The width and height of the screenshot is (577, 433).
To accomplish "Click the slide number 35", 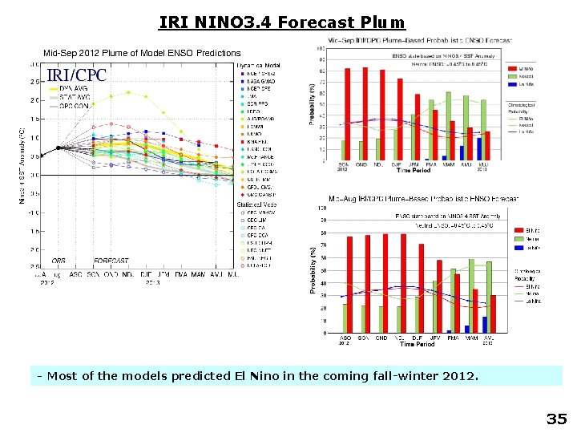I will (x=555, y=419).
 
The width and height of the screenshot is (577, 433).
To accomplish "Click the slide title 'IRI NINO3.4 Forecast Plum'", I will (x=282, y=22).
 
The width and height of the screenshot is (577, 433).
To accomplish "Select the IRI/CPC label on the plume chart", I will (x=76, y=75).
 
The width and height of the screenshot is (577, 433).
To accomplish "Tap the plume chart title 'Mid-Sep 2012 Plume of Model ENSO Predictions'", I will (x=141, y=53).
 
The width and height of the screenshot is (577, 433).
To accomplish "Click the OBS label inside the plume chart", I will (x=59, y=261).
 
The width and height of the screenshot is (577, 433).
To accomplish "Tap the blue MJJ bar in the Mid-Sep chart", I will (x=479, y=148).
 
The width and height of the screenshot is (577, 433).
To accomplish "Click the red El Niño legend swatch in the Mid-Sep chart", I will (x=513, y=70).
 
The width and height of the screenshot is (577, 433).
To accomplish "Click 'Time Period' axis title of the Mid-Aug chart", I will (x=418, y=344).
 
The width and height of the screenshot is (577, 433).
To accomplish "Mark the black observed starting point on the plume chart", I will (x=59, y=148).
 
